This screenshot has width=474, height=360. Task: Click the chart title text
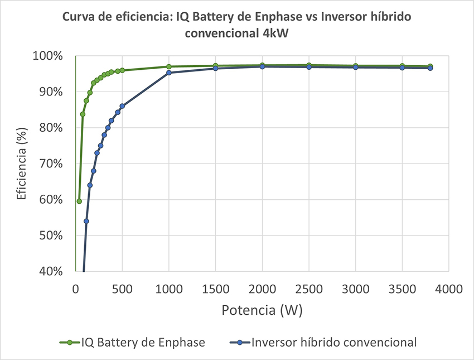point(237,25)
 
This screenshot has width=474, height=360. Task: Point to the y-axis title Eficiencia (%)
point(22,164)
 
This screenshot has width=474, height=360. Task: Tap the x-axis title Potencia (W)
point(262,310)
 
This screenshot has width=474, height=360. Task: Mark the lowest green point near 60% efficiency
point(79,201)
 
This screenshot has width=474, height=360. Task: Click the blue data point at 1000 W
point(169,73)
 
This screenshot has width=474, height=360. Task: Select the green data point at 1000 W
point(169,67)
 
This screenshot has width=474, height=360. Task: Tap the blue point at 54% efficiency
point(86,221)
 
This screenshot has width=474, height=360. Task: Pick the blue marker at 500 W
point(122,106)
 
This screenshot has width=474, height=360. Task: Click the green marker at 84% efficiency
point(83,114)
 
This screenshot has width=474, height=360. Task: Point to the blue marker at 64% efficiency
point(90,185)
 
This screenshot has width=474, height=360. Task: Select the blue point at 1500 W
point(216,68)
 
